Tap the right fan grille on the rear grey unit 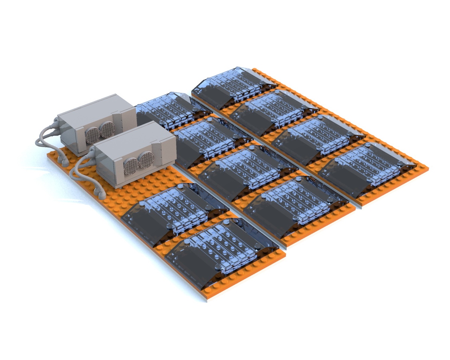click(x=107, y=130)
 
